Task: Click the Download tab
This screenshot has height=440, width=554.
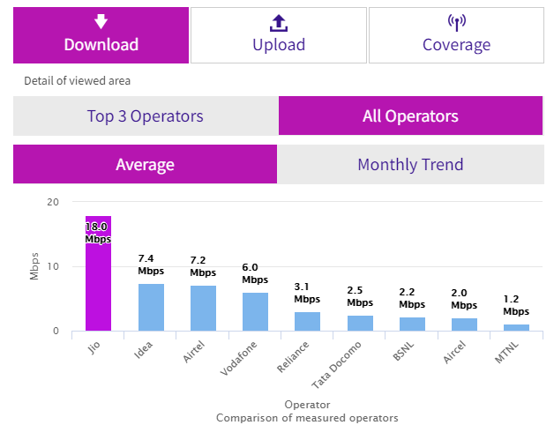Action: click(101, 35)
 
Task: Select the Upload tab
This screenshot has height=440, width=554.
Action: click(278, 35)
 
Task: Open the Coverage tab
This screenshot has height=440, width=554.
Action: click(455, 35)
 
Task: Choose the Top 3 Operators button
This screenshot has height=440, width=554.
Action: click(145, 116)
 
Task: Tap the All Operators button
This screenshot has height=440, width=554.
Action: click(410, 116)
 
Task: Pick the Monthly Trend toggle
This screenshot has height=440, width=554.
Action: click(410, 164)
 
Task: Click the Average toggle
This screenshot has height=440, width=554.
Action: click(145, 164)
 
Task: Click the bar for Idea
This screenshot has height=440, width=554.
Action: click(151, 307)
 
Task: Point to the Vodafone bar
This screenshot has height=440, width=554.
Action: click(255, 311)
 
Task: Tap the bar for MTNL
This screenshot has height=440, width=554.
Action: click(516, 327)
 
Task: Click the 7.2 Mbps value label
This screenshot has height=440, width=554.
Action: click(203, 266)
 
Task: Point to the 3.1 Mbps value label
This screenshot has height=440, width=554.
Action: click(307, 293)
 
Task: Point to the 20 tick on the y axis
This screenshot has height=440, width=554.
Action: click(53, 202)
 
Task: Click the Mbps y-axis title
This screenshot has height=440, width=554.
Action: click(34, 266)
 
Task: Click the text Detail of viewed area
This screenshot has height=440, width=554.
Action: click(77, 81)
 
